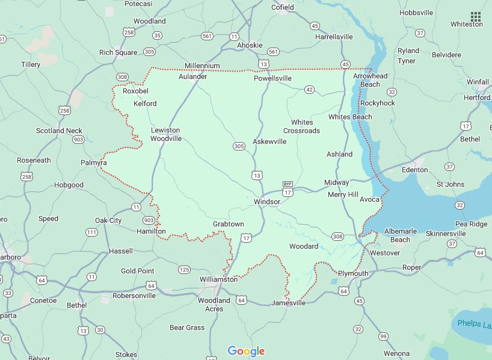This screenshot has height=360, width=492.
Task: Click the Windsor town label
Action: pyautogui.click(x=266, y=202)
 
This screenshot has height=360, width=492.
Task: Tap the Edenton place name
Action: pyautogui.click(x=414, y=170)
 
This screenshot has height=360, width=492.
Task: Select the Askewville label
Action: pyautogui.click(x=269, y=141)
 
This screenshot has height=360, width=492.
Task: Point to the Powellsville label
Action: pyautogui.click(x=272, y=78)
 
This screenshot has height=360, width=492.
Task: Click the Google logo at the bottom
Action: pyautogui.click(x=246, y=351)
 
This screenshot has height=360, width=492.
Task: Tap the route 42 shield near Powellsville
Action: pyautogui.click(x=309, y=90)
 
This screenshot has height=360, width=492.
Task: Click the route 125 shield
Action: pyautogui.click(x=184, y=269)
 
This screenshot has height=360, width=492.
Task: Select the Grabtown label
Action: pyautogui.click(x=229, y=224)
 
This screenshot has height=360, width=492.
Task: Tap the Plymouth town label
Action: pyautogui.click(x=352, y=273)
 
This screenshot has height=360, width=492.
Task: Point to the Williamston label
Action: pyautogui.click(x=218, y=279)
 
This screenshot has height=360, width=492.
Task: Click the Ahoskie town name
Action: pyautogui.click(x=250, y=46)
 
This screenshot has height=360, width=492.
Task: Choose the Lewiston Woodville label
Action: pyautogui.click(x=165, y=134)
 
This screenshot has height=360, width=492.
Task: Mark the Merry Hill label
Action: pyautogui.click(x=343, y=194)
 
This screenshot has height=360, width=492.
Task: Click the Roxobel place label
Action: pyautogui.click(x=135, y=91)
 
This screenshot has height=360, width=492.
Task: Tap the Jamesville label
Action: pyautogui.click(x=288, y=303)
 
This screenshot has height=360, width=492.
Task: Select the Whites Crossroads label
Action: pyautogui.click(x=301, y=126)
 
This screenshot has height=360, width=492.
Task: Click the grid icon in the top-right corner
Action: pyautogui.click(x=476, y=16)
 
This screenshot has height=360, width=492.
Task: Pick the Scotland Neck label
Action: pyautogui.click(x=59, y=131)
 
